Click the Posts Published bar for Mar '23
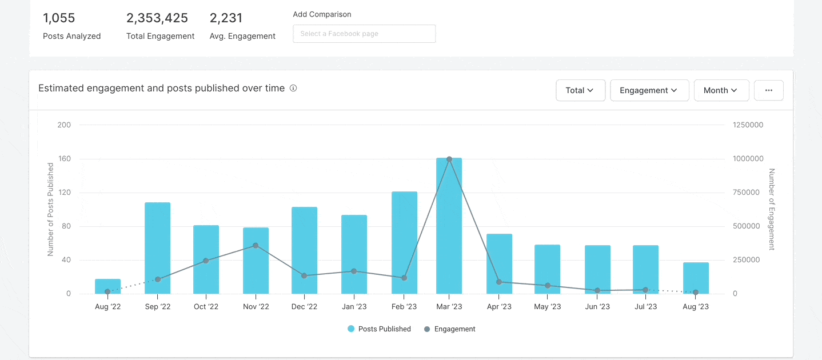click(449, 229)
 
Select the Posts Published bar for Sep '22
click(157, 249)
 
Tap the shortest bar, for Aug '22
click(107, 287)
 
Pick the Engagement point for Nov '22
click(256, 246)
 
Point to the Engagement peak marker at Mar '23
click(449, 159)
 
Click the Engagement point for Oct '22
click(206, 261)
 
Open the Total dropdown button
click(580, 90)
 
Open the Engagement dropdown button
click(649, 90)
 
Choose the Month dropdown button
click(721, 90)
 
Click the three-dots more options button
click(768, 90)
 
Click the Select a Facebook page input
click(364, 34)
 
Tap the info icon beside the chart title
click(293, 89)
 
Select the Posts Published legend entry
click(379, 329)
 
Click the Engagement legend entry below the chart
click(449, 329)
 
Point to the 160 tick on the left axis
click(64, 159)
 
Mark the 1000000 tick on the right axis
click(747, 159)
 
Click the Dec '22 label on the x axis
click(304, 307)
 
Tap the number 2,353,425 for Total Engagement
click(157, 18)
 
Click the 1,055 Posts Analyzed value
click(59, 18)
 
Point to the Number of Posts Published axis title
click(50, 209)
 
